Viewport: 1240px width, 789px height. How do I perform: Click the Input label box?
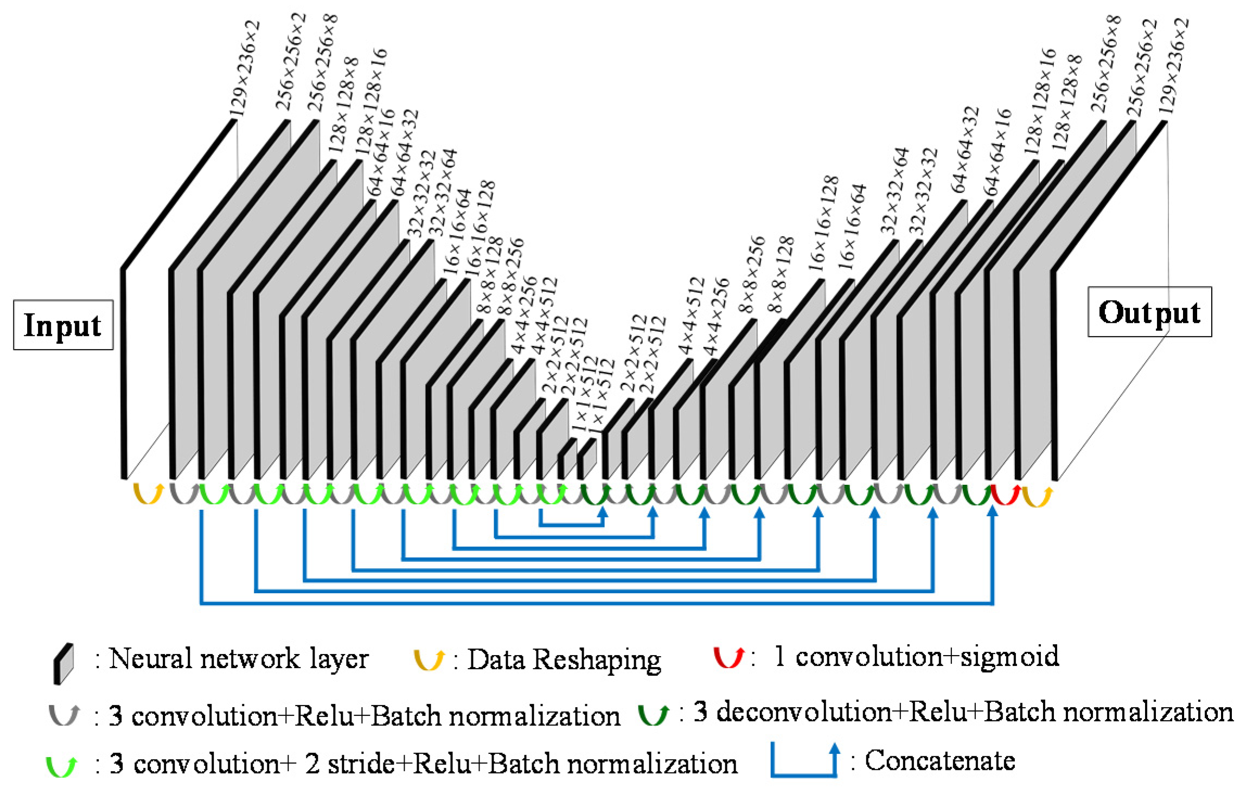tap(63, 325)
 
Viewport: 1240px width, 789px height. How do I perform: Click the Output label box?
tap(1149, 312)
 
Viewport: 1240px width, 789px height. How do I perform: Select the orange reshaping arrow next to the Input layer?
tap(149, 494)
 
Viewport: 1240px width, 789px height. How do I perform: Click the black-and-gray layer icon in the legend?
tap(63, 663)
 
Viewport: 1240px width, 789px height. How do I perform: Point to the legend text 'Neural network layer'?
tap(238, 659)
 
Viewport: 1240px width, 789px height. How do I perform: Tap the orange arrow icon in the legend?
tap(429, 659)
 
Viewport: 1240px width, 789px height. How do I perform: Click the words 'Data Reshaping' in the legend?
tap(564, 660)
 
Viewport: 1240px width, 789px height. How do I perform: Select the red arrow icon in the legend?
tap(728, 657)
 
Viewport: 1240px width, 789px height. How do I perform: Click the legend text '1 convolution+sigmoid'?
tap(916, 657)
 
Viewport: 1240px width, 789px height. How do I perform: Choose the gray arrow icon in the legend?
tap(64, 715)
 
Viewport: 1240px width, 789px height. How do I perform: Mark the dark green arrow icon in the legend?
tap(653, 714)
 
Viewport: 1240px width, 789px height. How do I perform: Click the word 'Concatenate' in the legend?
tap(940, 760)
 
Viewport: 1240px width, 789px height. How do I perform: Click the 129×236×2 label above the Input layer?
tap(245, 69)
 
